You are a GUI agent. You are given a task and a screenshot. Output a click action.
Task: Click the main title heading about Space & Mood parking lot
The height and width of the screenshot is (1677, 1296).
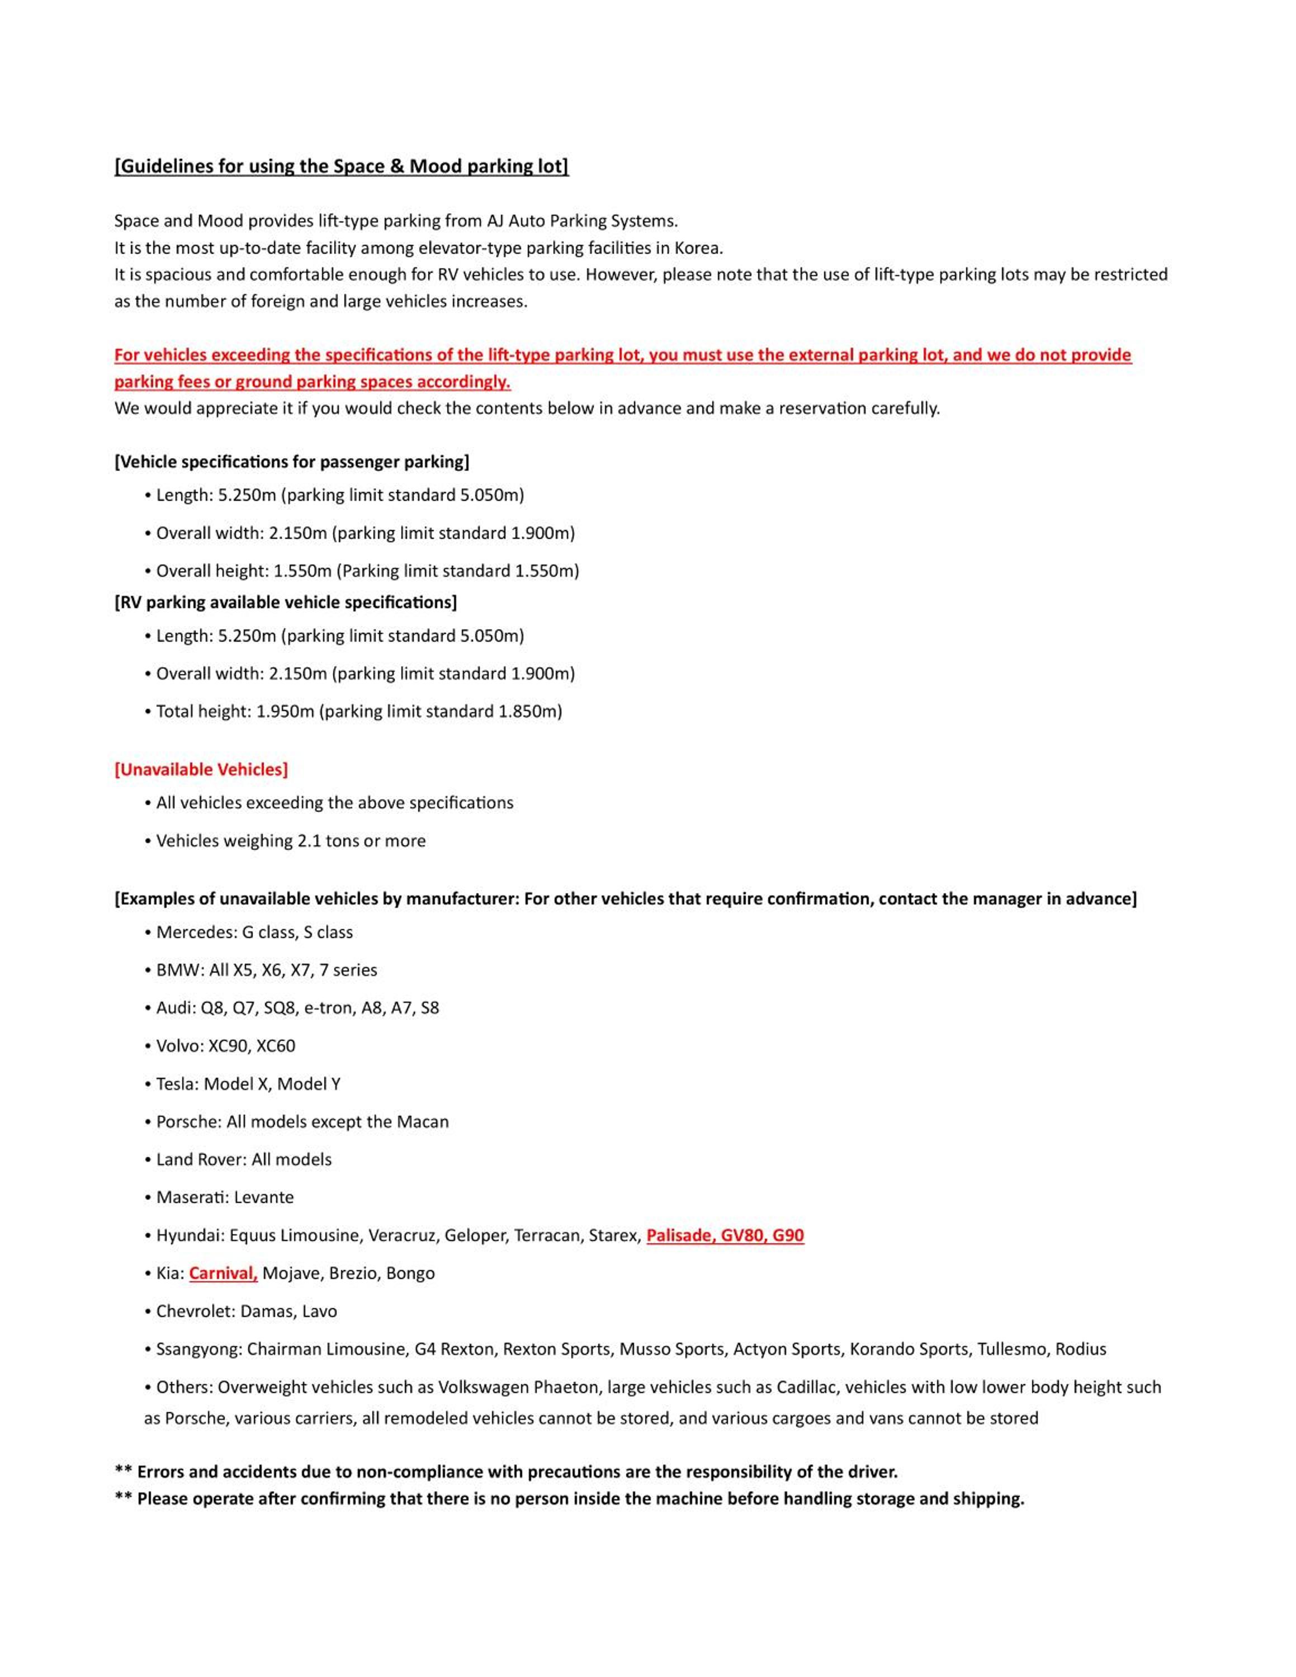[x=342, y=167]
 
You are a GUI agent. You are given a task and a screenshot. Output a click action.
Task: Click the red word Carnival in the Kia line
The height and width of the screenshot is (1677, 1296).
[x=223, y=1273]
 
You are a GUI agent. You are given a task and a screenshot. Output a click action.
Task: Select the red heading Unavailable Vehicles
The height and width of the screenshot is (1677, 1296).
[x=201, y=769]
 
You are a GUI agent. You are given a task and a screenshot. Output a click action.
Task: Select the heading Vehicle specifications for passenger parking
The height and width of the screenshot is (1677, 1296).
[x=292, y=462]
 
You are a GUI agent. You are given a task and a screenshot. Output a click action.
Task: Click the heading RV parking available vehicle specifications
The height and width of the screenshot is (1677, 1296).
[x=286, y=603]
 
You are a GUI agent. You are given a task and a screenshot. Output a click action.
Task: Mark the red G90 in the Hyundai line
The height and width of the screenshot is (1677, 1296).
[x=788, y=1235]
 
